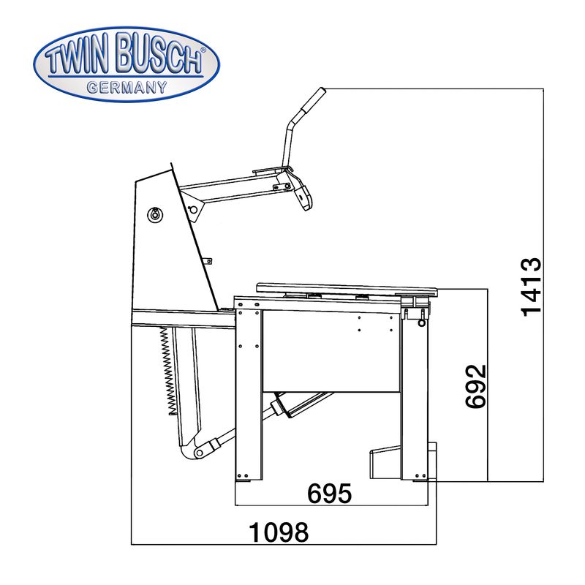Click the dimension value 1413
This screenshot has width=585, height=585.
coord(531,287)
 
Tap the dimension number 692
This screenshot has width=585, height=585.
coord(476,386)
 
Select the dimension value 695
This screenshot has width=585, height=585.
coord(329,493)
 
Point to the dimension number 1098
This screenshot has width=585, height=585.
coord(279,532)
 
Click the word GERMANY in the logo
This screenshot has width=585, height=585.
coord(127,88)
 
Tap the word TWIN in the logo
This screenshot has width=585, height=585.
coord(79,57)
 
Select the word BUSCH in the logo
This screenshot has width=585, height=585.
coord(159,53)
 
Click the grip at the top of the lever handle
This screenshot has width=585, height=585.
coord(313,100)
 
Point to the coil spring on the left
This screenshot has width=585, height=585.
coord(168,371)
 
